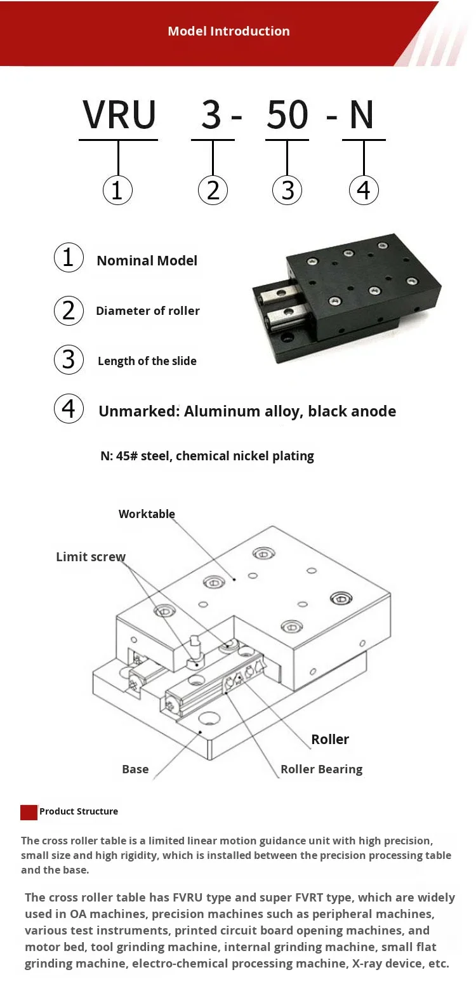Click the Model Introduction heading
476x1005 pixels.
tap(228, 31)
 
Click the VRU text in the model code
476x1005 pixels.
tap(119, 115)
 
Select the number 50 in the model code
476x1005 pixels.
tap(288, 115)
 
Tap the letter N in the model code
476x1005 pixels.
tap(362, 115)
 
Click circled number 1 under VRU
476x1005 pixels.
tap(117, 190)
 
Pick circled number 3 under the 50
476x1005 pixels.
tap(288, 190)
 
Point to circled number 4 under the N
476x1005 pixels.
tap(364, 190)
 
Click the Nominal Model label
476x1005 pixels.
tap(147, 260)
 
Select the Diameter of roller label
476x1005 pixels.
tap(147, 310)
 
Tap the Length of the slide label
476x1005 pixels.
tap(147, 361)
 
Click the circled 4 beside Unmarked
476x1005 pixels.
tap(69, 408)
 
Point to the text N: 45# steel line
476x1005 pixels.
tap(207, 456)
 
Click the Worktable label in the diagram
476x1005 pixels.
tap(147, 514)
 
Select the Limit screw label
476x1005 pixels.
tap(91, 557)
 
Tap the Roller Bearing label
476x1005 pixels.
tap(321, 769)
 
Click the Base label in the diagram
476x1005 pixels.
tap(135, 769)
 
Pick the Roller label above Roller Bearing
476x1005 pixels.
tap(329, 739)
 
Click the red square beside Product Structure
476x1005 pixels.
tap(29, 812)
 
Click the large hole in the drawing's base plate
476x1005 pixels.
tap(209, 719)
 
